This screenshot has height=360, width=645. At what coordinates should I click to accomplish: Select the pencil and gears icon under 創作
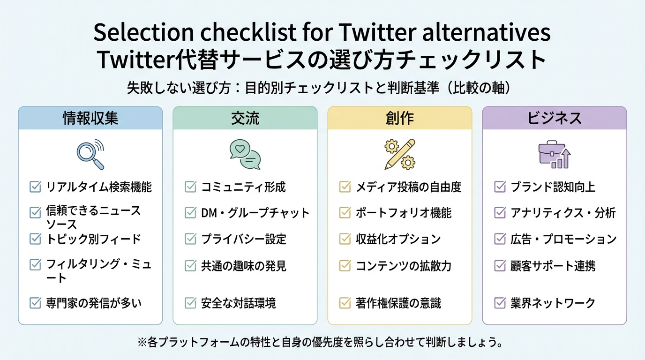(x=399, y=154)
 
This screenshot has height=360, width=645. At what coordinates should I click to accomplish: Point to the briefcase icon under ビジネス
(x=554, y=155)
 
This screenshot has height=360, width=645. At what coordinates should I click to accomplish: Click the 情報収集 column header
(x=90, y=118)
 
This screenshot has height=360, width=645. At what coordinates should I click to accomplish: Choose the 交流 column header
(x=245, y=118)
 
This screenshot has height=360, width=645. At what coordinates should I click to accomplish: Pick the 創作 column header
(x=400, y=118)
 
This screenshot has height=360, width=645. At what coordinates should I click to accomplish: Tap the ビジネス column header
(x=555, y=118)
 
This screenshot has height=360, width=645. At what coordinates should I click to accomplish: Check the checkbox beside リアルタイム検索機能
(x=35, y=187)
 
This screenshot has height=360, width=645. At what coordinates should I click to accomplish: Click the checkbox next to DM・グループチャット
(x=190, y=213)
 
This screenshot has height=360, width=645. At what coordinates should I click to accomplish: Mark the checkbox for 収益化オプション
(x=345, y=239)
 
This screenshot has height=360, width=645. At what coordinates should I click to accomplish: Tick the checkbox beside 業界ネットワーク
(x=500, y=303)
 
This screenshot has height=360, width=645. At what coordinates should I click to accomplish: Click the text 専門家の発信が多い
(x=94, y=303)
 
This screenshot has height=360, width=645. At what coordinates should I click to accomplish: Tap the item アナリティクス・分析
(x=563, y=213)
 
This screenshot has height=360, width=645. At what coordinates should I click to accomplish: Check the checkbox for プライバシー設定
(x=190, y=239)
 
